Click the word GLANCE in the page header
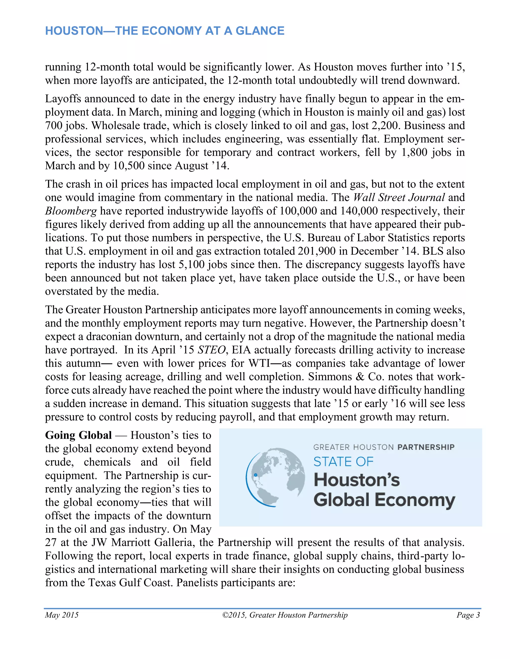(260, 31)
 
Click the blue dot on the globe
(255, 475)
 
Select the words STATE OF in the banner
(343, 462)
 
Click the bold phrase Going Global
(78, 435)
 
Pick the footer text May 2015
(62, 615)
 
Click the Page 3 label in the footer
(468, 615)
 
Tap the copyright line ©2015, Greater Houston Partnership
(285, 615)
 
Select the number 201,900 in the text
(316, 251)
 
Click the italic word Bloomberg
(71, 211)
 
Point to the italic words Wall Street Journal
(399, 197)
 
